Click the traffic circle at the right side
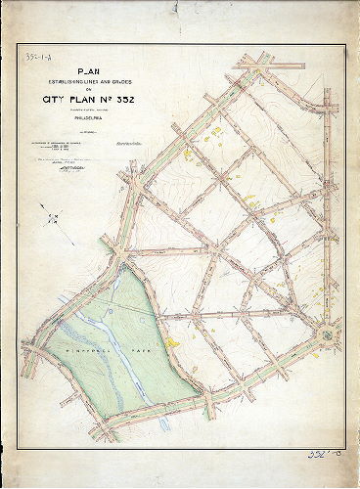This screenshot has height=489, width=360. coord(325,335)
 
